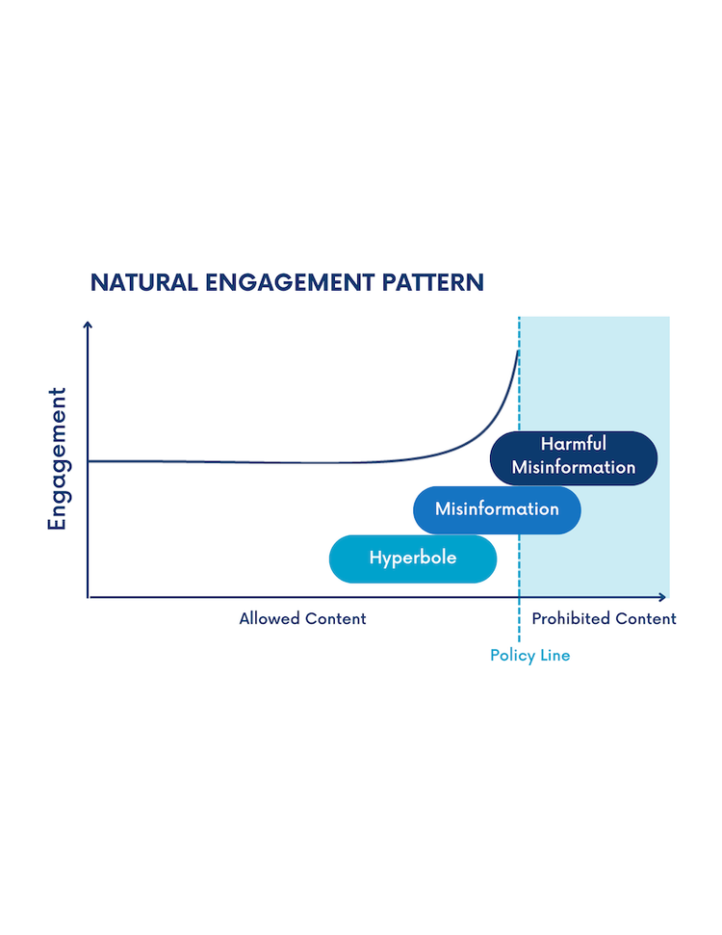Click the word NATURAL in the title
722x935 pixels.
(143, 283)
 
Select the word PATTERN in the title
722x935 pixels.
(433, 283)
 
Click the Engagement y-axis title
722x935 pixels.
(57, 458)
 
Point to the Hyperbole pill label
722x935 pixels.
(413, 558)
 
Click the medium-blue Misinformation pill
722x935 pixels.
(497, 509)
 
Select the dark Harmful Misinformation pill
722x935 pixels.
(574, 458)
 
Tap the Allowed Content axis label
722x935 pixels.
(302, 618)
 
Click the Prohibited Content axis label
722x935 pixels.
(604, 618)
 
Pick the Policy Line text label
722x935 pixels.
(530, 656)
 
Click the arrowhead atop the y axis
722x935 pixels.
(88, 324)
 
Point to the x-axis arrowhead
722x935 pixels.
(662, 597)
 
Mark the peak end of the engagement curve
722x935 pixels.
(518, 351)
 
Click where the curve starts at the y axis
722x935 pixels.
(89, 461)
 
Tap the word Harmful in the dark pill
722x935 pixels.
(574, 444)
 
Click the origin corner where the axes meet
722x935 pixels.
(88, 597)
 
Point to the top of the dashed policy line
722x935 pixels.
(519, 317)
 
